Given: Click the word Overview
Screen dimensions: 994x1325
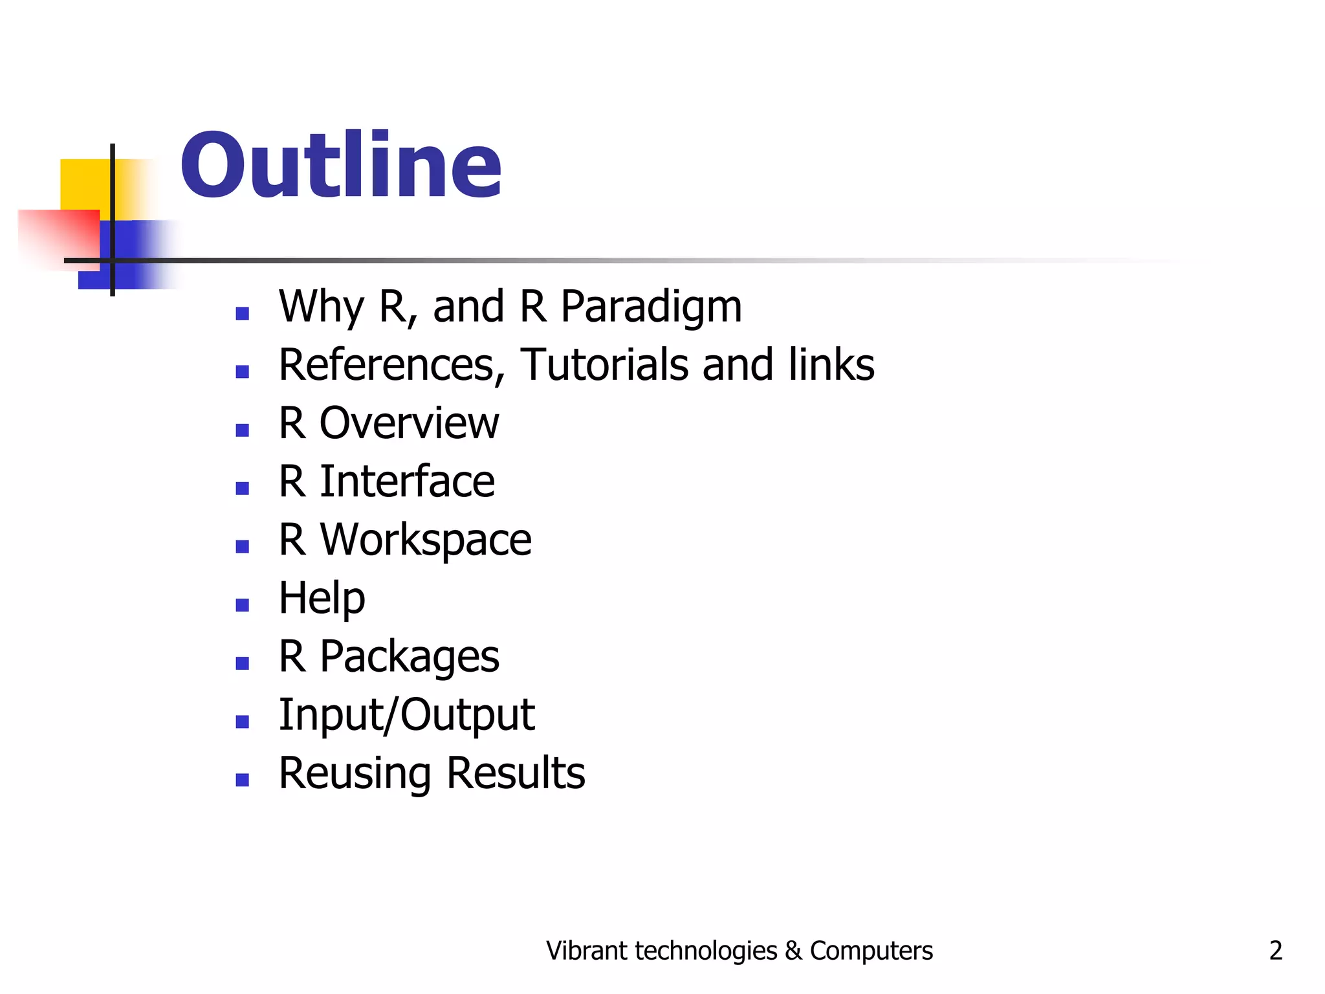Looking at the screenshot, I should [409, 423].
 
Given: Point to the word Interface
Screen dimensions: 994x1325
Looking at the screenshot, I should [408, 481].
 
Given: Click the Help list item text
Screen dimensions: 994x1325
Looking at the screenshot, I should [322, 598].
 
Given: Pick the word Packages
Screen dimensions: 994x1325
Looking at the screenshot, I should [409, 657].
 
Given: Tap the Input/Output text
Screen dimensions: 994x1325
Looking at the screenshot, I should [406, 715].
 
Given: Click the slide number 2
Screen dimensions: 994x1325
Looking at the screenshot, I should [1275, 951].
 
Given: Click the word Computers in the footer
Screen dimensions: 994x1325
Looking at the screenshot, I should [871, 951].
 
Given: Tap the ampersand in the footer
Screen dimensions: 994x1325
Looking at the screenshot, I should [793, 951].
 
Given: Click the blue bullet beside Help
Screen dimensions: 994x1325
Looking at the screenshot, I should [243, 605].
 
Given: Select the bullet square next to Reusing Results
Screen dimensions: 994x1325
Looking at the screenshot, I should [243, 780].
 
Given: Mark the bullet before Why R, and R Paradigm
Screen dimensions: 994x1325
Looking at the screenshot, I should [243, 314].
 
